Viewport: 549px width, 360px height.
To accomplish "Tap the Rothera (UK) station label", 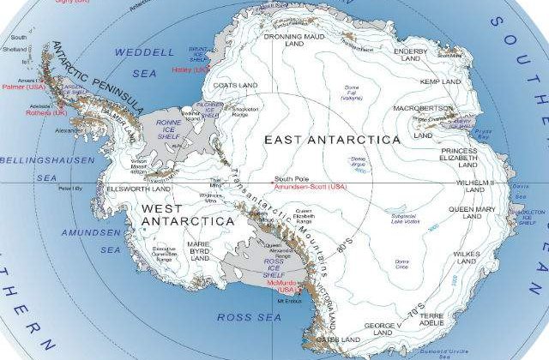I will [x=23, y=111].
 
